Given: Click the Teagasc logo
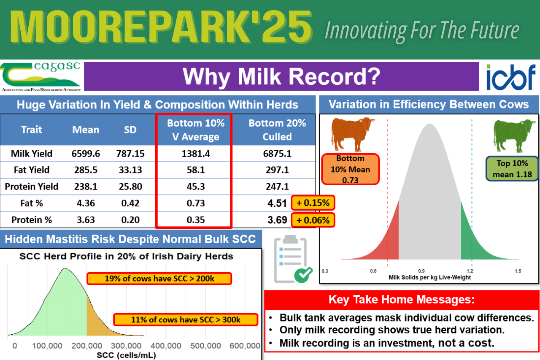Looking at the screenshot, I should click(41, 76).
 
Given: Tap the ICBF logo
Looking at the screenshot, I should click(510, 77).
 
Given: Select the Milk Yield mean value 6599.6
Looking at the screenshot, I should click(86, 154).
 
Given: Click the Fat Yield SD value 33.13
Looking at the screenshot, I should click(130, 170).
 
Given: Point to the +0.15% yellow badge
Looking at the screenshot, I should click(313, 203).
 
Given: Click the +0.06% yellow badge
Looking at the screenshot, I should click(313, 220).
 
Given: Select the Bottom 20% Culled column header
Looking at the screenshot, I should click(277, 130).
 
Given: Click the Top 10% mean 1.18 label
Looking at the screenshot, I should click(512, 169).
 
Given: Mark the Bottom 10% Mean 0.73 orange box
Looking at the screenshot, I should click(350, 169).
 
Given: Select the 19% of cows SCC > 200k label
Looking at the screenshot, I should click(159, 279).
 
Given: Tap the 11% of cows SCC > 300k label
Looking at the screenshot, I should click(186, 319).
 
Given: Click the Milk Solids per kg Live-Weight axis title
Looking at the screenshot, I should click(429, 277).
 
